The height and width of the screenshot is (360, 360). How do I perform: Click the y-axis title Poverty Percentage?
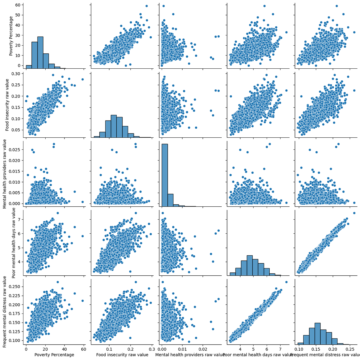click(x=11, y=36)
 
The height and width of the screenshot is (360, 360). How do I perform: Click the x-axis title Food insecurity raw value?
click(x=122, y=355)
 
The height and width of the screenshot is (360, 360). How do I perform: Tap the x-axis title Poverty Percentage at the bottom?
click(x=54, y=355)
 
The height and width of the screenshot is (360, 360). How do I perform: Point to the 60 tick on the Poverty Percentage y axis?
click(x=18, y=5)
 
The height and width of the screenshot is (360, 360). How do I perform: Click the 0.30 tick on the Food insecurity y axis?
click(x=16, y=74)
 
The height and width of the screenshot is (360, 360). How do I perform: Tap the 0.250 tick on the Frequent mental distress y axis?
click(x=15, y=286)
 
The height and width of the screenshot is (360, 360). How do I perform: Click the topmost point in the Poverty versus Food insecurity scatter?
click(x=146, y=6)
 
